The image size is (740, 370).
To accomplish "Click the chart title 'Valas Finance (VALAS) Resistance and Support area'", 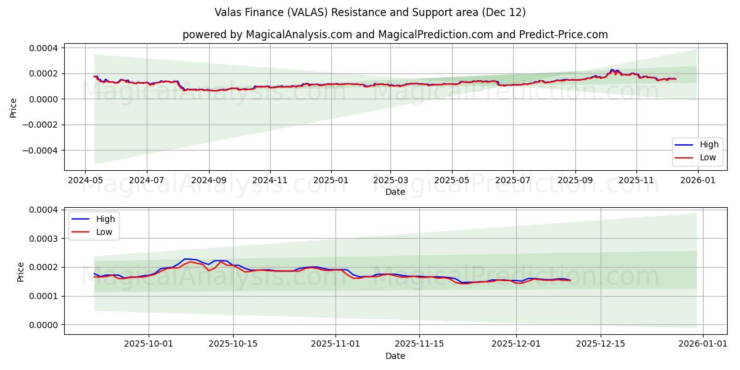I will tap(370, 12).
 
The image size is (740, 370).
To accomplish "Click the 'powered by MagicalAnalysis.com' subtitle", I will tap(395, 35).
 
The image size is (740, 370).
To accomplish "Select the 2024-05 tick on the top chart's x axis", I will tap(85, 180).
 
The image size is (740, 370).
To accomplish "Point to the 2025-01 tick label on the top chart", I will tap(331, 180).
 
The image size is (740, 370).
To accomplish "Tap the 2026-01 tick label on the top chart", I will tap(697, 180).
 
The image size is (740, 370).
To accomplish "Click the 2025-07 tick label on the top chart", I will tap(513, 180).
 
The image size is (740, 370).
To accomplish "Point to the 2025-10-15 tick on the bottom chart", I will tap(233, 344).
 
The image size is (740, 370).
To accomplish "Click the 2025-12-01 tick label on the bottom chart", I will tap(516, 344).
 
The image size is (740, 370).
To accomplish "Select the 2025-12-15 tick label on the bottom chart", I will tap(601, 344).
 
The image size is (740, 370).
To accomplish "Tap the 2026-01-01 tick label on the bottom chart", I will tap(703, 344).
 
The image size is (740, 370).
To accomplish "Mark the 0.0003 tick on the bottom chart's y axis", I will tap(45, 239).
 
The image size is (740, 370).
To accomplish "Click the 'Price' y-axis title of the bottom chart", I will tap(21, 272).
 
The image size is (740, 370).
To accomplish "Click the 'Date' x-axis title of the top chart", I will tap(395, 192).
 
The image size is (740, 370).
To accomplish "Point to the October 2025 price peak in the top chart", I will tap(612, 70).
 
